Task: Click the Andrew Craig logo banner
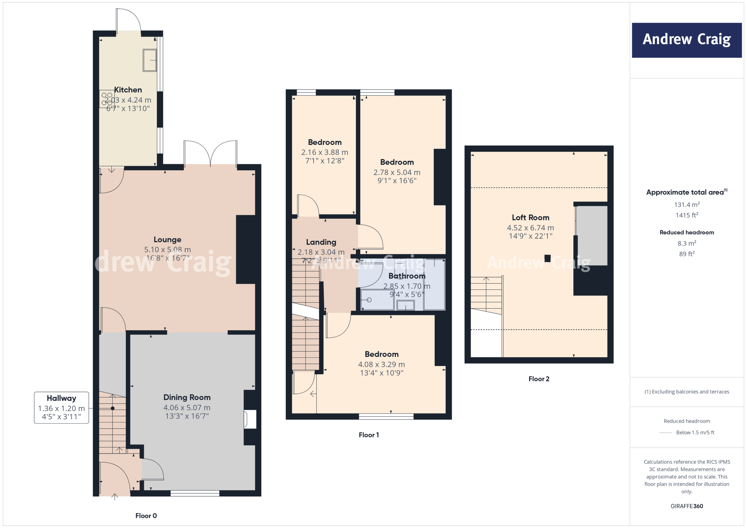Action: tap(686, 40)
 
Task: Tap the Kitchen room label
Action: tap(128, 90)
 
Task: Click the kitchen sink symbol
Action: tap(150, 60)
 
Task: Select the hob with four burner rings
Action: tap(107, 99)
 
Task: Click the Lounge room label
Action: tap(167, 240)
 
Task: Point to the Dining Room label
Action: tap(187, 397)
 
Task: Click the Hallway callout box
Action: tap(61, 407)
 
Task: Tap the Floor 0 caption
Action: tap(146, 516)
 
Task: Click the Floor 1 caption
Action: tap(368, 435)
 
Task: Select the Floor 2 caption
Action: tap(538, 379)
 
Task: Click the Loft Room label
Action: tap(530, 218)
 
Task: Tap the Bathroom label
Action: tap(407, 276)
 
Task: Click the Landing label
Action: tap(321, 242)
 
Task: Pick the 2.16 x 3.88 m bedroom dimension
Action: tap(324, 152)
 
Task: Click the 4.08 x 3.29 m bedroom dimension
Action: tap(381, 364)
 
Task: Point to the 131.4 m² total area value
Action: tap(686, 205)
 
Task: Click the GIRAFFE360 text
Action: tap(686, 506)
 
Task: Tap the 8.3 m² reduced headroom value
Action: tap(686, 243)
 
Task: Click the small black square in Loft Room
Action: tap(547, 258)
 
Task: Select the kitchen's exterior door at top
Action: tap(128, 21)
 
